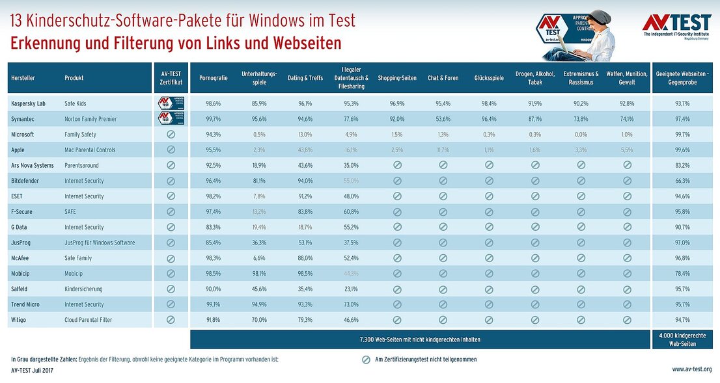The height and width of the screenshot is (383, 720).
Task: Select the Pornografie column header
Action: point(213,78)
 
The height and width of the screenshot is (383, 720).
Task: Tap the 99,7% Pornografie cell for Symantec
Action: point(213,119)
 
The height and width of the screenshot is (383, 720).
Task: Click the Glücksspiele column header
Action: point(489,78)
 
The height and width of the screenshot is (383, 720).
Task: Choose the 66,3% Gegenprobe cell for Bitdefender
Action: point(682,181)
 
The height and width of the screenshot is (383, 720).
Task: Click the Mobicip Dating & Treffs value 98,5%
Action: point(305,274)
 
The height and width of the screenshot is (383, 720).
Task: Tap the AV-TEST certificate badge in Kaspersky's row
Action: point(171,103)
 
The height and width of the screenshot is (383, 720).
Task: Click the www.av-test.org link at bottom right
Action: point(691,369)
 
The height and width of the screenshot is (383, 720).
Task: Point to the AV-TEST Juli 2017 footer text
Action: point(32,369)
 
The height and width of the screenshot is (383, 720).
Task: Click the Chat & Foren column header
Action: point(443,78)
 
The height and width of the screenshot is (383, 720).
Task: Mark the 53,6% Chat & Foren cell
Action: point(443,119)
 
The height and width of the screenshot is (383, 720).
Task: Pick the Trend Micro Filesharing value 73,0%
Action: point(352,304)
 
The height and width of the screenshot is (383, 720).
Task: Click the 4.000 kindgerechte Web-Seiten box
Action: point(682,339)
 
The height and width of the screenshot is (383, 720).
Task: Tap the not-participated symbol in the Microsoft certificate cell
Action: point(171,135)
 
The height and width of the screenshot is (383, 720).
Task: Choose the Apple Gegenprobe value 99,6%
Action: point(682,150)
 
